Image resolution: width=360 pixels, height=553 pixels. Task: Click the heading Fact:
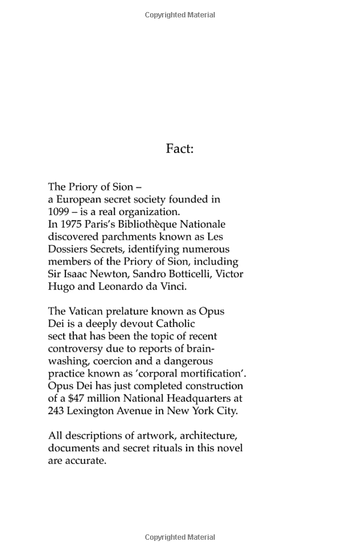coord(179,148)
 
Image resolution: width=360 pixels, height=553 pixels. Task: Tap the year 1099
coord(59,212)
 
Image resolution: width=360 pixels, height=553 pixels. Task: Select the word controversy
coord(77,349)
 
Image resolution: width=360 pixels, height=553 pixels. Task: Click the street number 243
coord(58,411)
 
